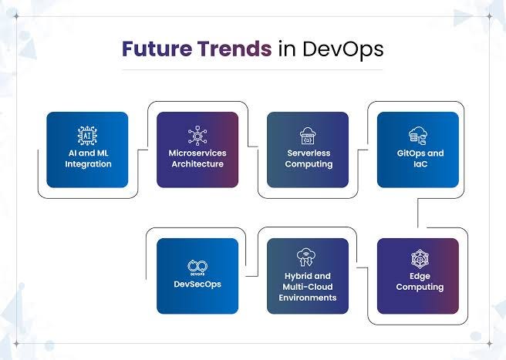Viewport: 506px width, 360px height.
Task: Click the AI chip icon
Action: pyautogui.click(x=87, y=136)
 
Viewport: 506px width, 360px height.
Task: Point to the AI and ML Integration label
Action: pyautogui.click(x=87, y=159)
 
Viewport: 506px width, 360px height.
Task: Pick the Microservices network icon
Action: pyautogui.click(x=197, y=136)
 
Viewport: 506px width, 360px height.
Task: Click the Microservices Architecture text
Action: pyautogui.click(x=197, y=159)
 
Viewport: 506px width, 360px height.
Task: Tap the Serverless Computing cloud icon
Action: pyautogui.click(x=309, y=136)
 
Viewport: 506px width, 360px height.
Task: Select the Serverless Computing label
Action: pyautogui.click(x=309, y=159)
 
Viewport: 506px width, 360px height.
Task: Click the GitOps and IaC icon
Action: pyautogui.click(x=418, y=136)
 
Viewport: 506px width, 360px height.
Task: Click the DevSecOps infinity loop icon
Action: pyautogui.click(x=197, y=266)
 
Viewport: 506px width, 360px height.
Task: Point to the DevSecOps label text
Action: pyautogui.click(x=197, y=284)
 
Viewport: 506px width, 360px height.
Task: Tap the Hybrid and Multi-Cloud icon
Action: pyautogui.click(x=308, y=257)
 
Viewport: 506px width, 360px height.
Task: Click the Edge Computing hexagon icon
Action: pyautogui.click(x=418, y=258)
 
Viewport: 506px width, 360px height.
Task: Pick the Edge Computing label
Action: pyautogui.click(x=418, y=281)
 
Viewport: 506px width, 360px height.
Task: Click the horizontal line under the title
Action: pyautogui.click(x=253, y=69)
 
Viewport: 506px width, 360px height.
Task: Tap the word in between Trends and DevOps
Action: pyautogui.click(x=283, y=49)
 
